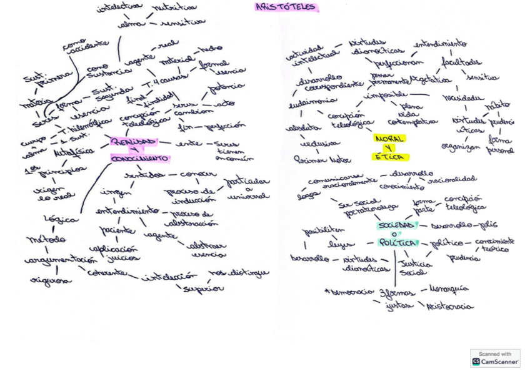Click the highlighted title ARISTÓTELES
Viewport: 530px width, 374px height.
point(286,7)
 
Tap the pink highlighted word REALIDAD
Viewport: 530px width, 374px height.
point(133,142)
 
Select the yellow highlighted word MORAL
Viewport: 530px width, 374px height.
point(389,138)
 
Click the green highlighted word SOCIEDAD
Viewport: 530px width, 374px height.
point(396,225)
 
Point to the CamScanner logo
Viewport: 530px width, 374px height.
point(495,358)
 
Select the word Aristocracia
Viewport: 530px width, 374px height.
point(449,307)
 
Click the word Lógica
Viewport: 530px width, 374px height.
point(61,219)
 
